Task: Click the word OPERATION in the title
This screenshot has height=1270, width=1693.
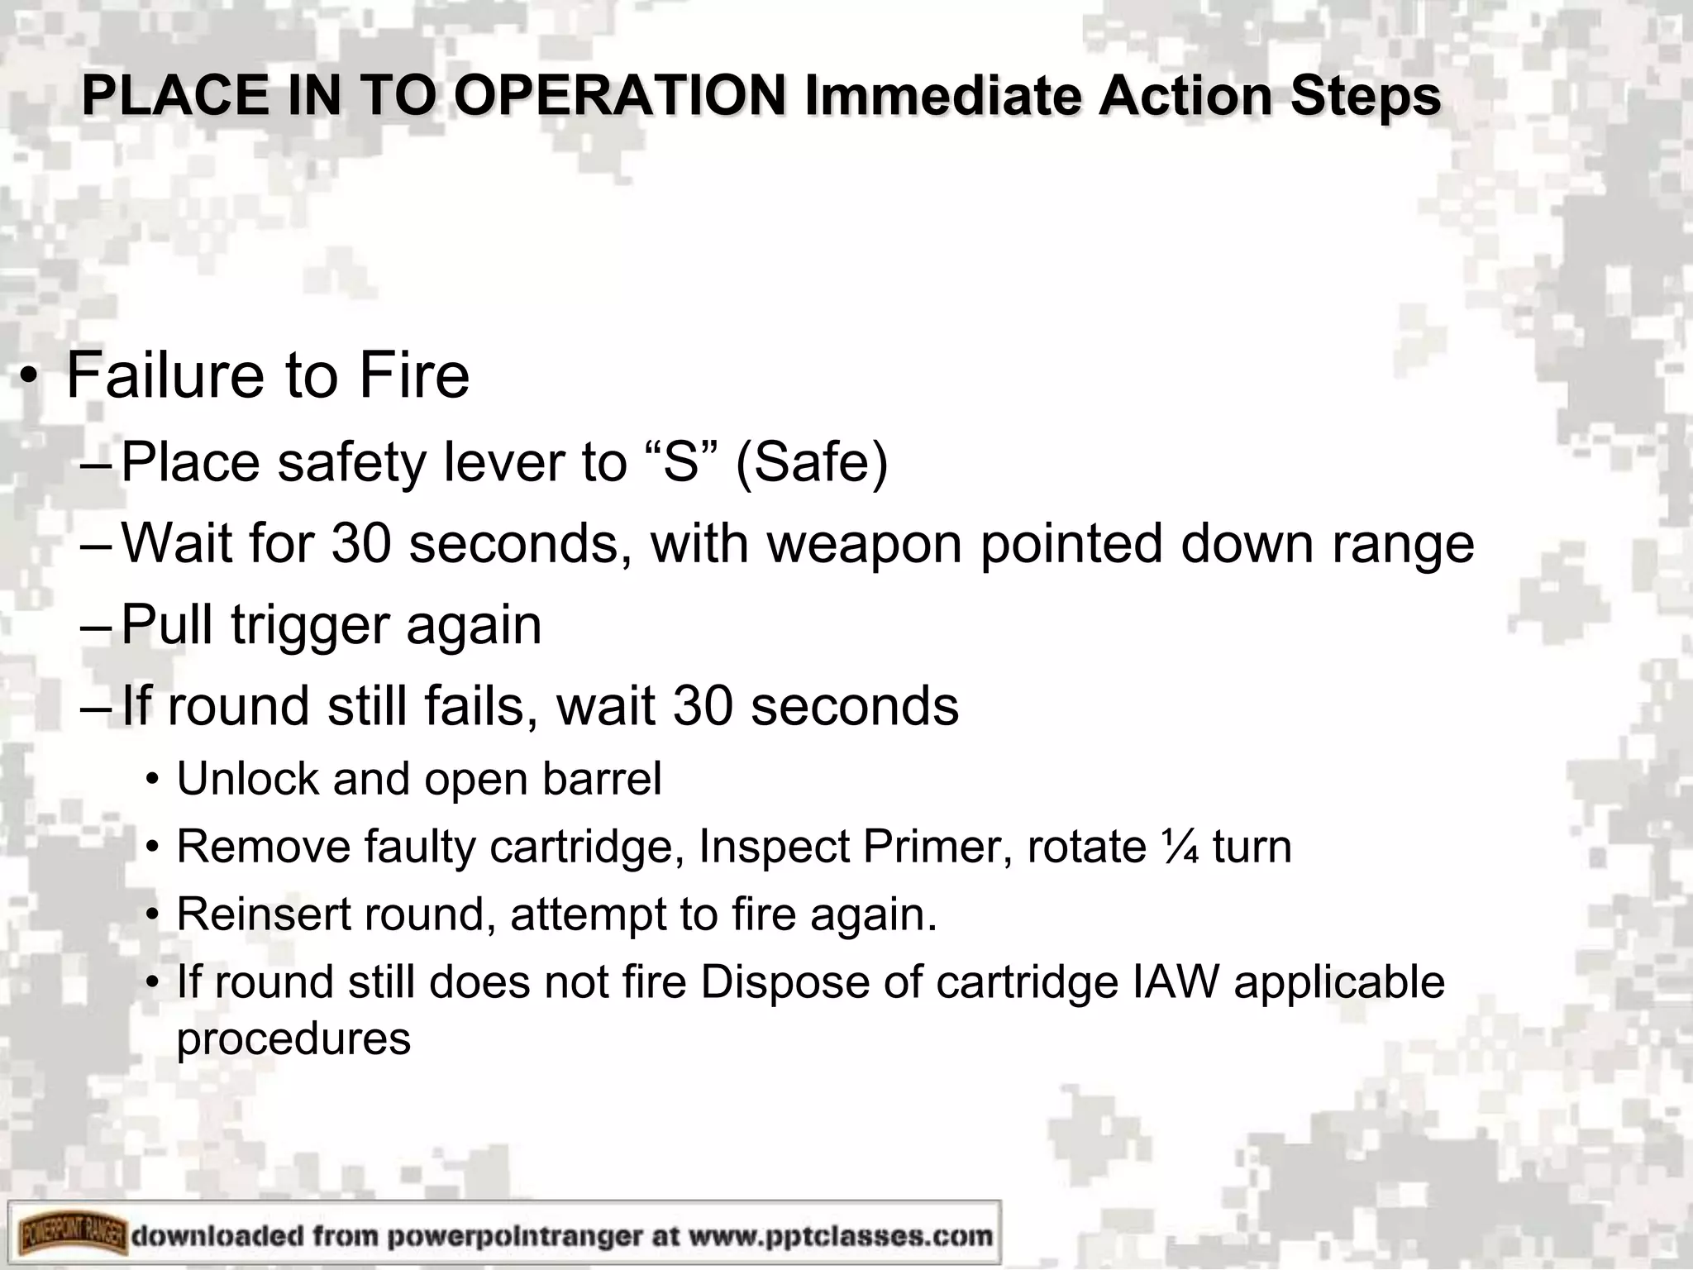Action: [x=619, y=96]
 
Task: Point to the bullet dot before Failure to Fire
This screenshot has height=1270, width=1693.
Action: [x=30, y=378]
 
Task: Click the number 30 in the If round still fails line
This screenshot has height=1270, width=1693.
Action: [x=702, y=706]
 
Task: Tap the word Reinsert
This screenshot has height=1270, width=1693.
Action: [x=264, y=914]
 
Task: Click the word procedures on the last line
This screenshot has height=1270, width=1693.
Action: [x=293, y=1038]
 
